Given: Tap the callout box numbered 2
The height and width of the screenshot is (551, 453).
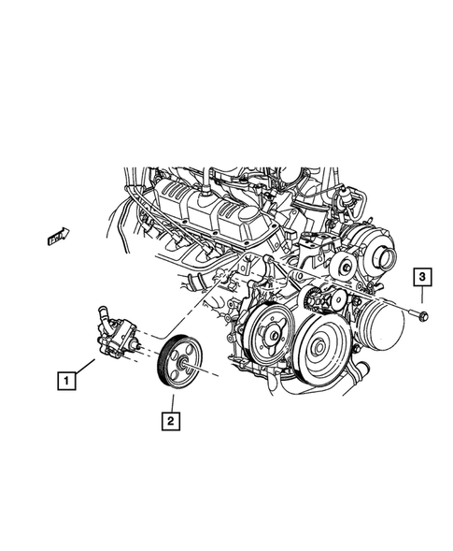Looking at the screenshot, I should pyautogui.click(x=170, y=423).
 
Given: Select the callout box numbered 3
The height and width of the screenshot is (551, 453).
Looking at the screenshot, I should pyautogui.click(x=422, y=277).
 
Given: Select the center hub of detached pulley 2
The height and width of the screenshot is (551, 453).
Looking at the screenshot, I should pyautogui.click(x=182, y=363).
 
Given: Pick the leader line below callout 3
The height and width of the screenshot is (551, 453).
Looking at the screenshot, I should pyautogui.click(x=422, y=298).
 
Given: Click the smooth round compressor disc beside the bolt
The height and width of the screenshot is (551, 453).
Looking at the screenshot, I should pyautogui.click(x=378, y=326).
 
